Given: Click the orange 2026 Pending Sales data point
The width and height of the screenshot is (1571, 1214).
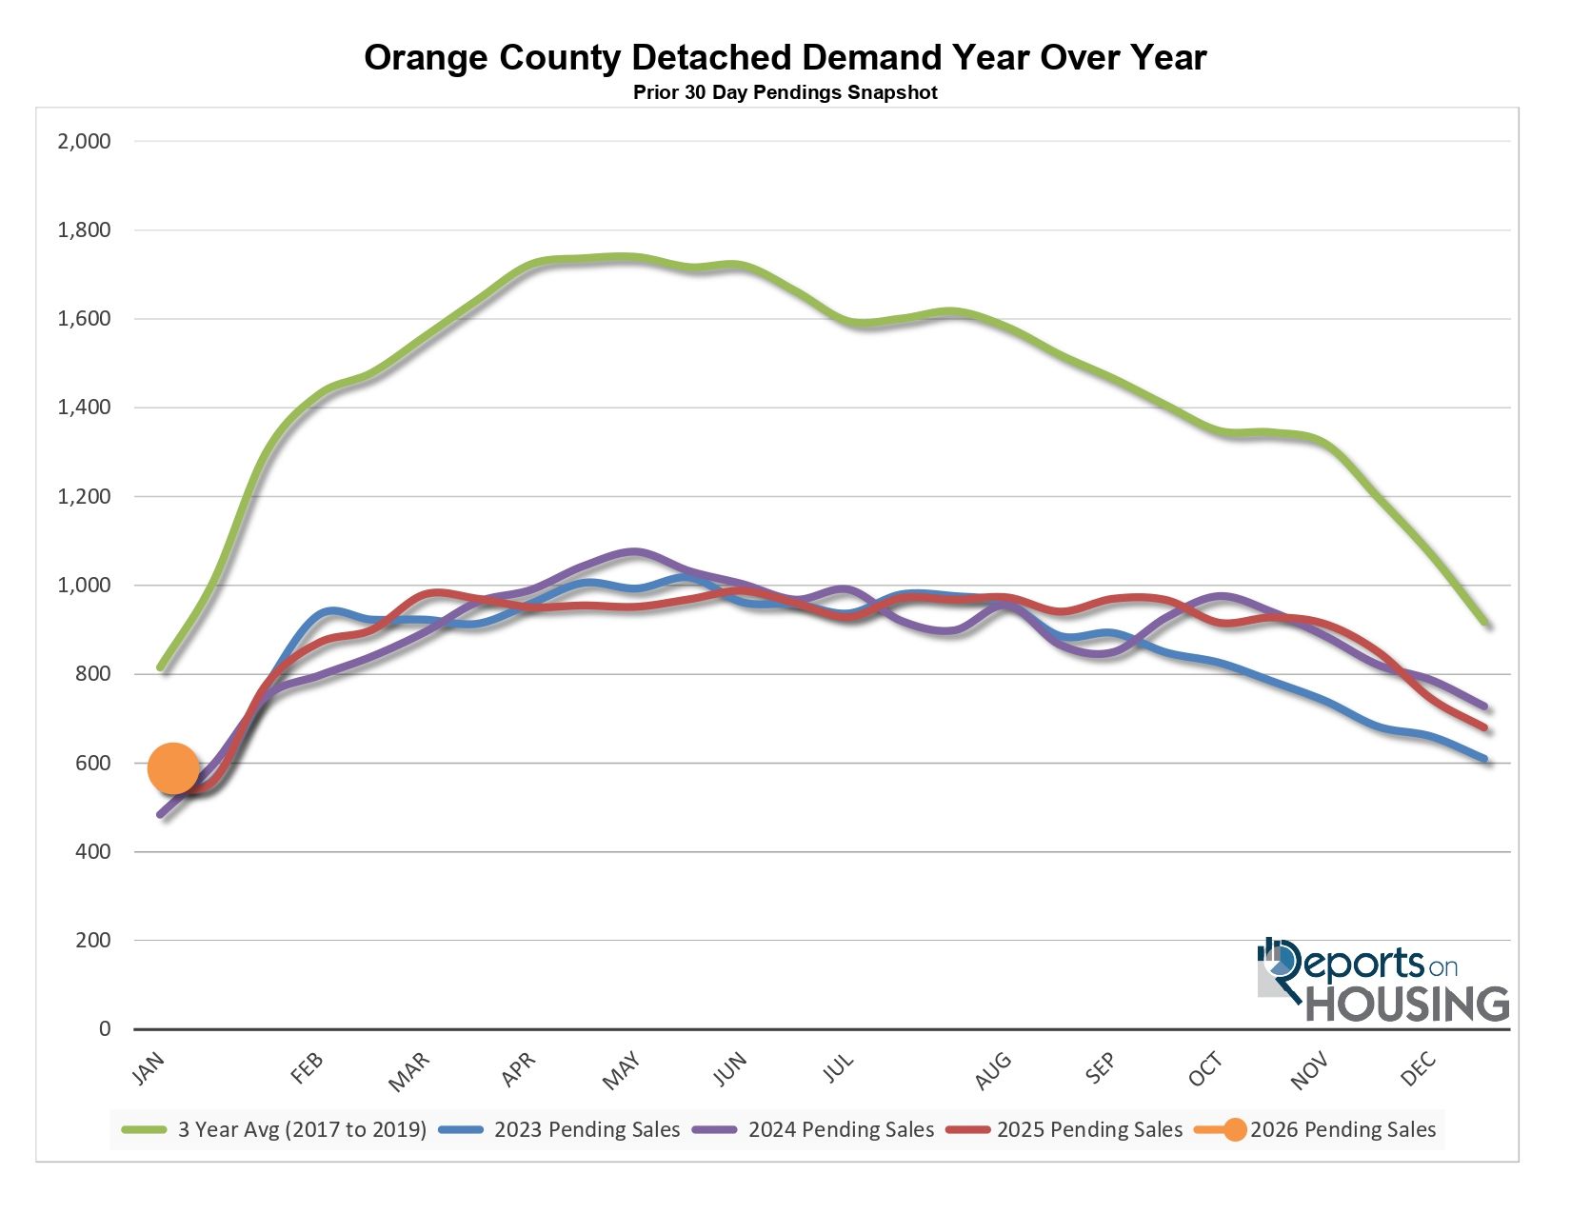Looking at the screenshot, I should (x=173, y=768).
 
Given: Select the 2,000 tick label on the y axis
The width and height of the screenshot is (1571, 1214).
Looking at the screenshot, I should (x=85, y=142).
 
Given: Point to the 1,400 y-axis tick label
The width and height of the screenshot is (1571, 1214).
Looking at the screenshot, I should (x=85, y=408).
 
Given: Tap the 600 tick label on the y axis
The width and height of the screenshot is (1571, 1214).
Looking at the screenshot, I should (x=92, y=763).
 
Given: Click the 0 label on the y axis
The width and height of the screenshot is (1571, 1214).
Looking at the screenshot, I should (x=105, y=1029).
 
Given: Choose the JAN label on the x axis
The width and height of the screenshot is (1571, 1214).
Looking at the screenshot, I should (x=149, y=1068).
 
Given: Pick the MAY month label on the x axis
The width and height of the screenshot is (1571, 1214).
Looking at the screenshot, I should (x=622, y=1072).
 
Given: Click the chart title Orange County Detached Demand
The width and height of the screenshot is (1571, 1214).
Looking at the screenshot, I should (x=785, y=58).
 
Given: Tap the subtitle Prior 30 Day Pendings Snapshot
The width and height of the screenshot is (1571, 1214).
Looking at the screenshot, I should (x=785, y=93).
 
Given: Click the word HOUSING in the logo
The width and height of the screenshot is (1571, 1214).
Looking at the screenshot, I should (x=1407, y=1004).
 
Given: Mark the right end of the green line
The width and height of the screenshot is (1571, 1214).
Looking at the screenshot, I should (x=1486, y=624).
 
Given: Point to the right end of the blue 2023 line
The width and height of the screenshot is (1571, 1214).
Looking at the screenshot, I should (x=1485, y=759).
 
